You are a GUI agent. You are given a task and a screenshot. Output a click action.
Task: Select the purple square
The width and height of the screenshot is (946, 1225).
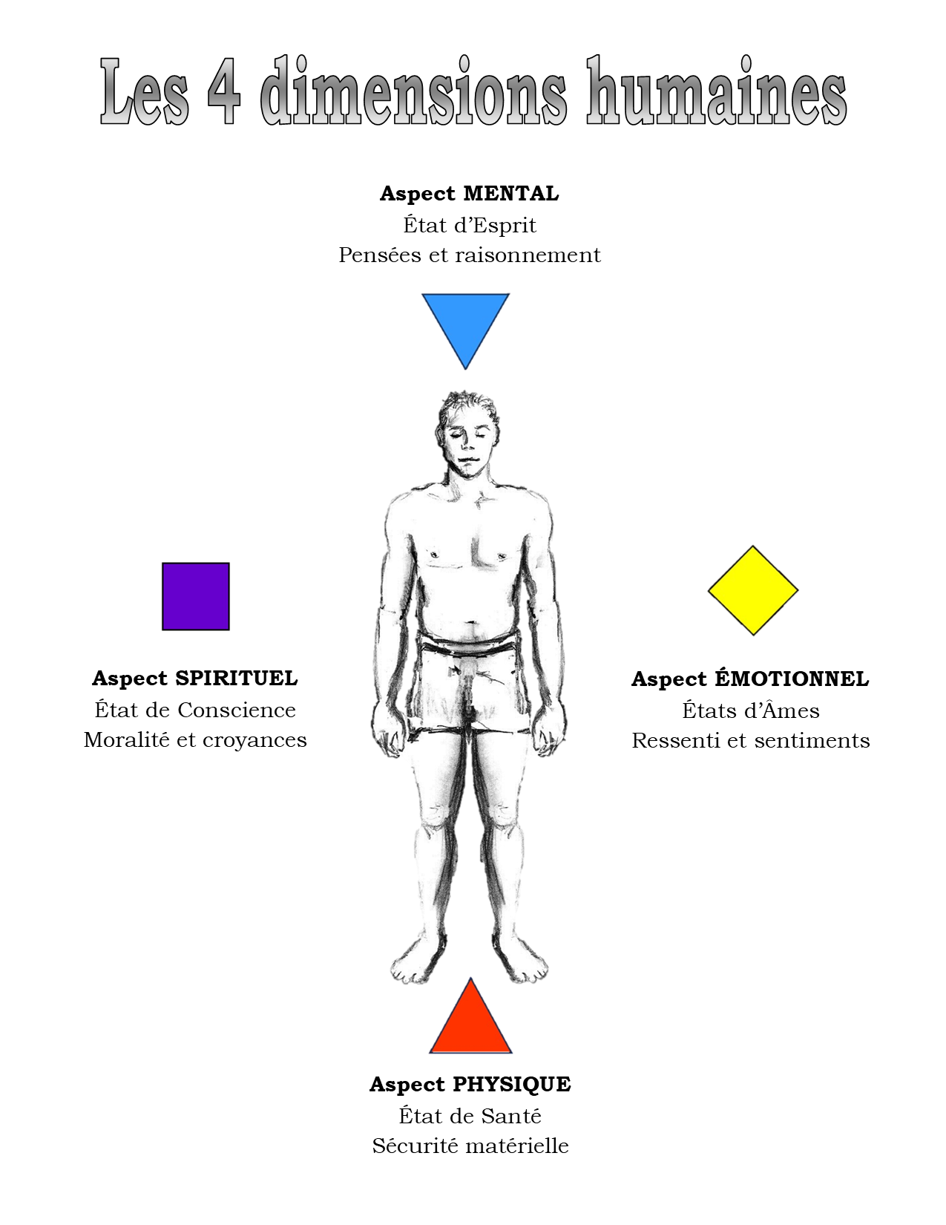[x=196, y=596]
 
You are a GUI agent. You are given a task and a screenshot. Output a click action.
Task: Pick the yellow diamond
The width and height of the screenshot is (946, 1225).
[x=753, y=591]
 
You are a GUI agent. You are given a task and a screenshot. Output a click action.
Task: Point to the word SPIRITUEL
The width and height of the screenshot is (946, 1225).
[x=236, y=679]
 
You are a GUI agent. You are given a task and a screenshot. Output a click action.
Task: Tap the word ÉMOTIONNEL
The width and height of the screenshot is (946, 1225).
[x=791, y=679]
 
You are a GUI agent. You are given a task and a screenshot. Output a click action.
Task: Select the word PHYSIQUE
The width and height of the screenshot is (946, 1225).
[x=511, y=1085]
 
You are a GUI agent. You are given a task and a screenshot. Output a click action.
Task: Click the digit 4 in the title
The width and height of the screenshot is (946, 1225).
[x=223, y=93]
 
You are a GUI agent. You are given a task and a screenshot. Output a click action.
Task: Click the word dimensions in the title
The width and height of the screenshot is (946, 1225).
[x=413, y=93]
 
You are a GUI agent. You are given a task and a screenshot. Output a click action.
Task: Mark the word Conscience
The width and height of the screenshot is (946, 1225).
[x=237, y=710]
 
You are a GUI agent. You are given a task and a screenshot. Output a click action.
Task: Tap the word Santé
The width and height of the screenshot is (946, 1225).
[x=511, y=1117]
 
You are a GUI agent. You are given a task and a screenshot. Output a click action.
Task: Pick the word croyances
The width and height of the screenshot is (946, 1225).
[x=254, y=740]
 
